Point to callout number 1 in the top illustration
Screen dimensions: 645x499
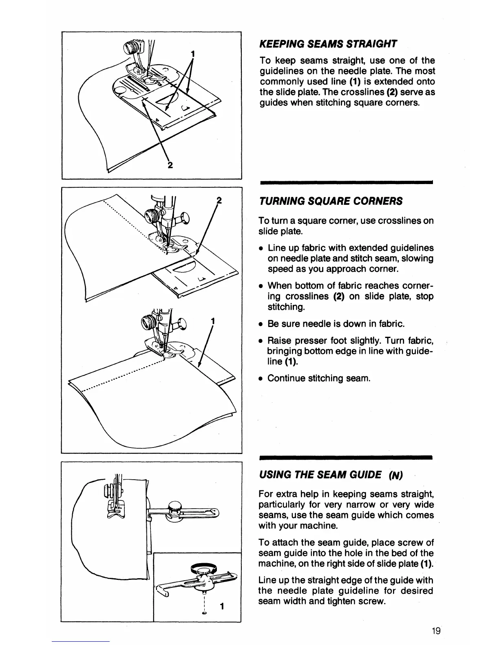coord(193,54)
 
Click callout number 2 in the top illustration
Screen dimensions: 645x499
coord(170,165)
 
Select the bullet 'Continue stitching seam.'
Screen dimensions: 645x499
coord(319,378)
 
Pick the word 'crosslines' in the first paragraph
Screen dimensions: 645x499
coord(348,92)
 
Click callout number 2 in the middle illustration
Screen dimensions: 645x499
coord(219,201)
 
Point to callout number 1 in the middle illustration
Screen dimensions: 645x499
coord(212,320)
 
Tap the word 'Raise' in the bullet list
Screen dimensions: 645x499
coord(279,340)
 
